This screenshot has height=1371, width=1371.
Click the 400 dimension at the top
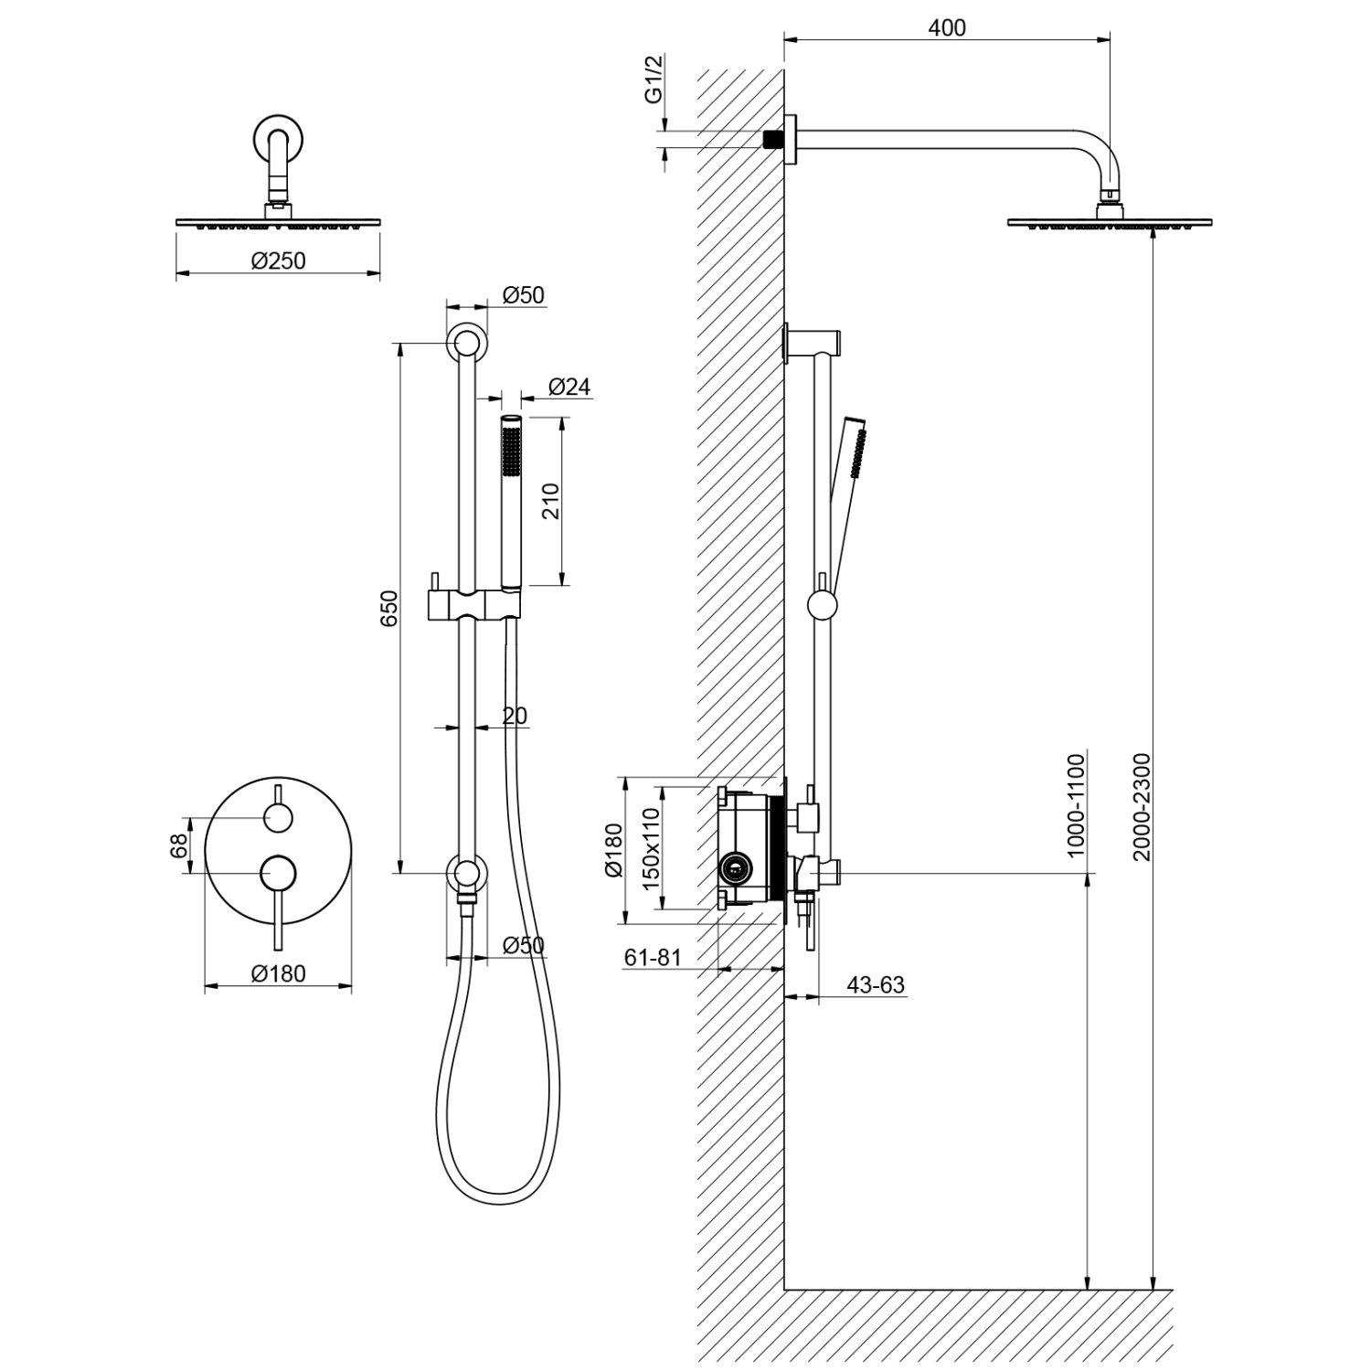click(946, 27)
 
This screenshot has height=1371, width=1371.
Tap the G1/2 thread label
click(653, 80)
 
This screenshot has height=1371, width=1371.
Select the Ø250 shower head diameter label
click(278, 260)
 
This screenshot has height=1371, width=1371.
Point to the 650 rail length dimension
click(389, 608)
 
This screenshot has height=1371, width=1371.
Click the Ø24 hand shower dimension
click(569, 387)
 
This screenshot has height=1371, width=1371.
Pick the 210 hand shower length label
click(551, 501)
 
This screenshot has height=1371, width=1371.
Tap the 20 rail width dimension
click(515, 716)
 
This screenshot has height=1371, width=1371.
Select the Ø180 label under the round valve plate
click(278, 974)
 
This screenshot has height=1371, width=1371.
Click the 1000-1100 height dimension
click(1075, 804)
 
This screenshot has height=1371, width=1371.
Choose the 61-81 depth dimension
click(653, 957)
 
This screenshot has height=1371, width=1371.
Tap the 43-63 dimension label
click(875, 984)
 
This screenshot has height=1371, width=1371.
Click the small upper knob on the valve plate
click(277, 818)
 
